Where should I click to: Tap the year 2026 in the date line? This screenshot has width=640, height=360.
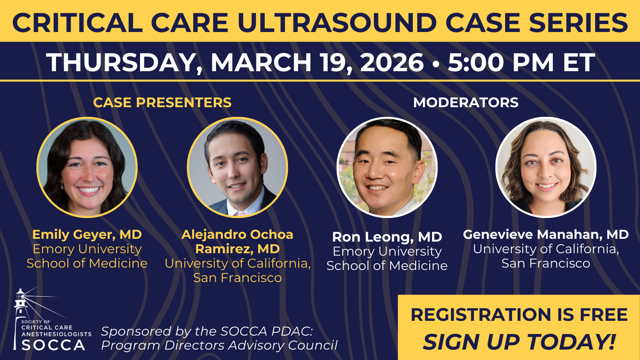point(392,62)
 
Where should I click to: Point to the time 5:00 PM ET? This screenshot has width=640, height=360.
point(522,62)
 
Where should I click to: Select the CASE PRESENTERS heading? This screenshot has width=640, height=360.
point(162,102)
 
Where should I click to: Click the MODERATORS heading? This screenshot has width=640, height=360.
point(466,102)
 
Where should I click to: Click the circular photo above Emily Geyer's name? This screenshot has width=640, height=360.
point(87,167)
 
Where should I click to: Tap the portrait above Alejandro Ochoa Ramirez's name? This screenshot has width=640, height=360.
point(238,167)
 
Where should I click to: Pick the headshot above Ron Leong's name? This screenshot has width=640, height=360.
point(387,167)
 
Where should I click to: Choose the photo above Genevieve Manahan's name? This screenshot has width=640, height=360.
point(546,167)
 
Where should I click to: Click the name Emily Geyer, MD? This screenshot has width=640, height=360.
point(87,234)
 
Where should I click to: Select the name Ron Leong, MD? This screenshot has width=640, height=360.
point(387,237)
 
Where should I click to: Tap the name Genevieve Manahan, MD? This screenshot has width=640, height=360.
point(546,234)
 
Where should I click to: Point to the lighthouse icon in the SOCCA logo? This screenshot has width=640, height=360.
point(20,314)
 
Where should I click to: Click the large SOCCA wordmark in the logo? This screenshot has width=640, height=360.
point(54,345)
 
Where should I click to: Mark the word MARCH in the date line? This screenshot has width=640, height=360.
point(261,62)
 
